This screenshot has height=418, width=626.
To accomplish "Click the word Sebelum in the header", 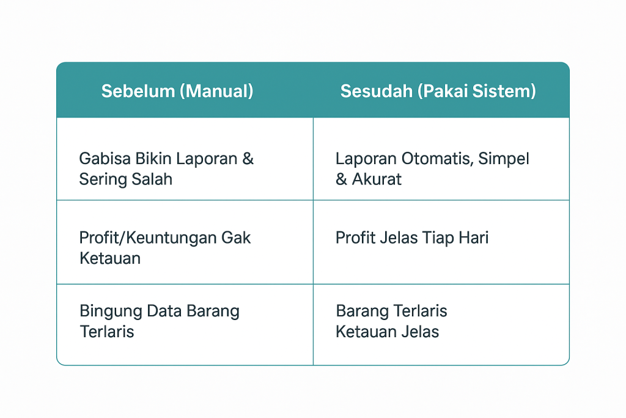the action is [138, 91].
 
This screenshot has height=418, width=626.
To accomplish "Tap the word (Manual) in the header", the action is [216, 91].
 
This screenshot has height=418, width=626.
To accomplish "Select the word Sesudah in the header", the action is [376, 91].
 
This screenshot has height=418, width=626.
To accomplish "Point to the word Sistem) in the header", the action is [504, 91].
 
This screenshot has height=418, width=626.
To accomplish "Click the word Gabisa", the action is [105, 159].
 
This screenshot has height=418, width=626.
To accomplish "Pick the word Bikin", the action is [153, 159].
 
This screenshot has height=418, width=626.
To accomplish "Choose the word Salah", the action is [152, 179].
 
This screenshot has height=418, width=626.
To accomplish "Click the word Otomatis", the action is [438, 159].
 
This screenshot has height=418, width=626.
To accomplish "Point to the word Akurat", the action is [377, 179].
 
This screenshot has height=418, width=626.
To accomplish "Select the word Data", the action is [164, 311].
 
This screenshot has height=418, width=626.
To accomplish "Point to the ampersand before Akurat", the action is [341, 179].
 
